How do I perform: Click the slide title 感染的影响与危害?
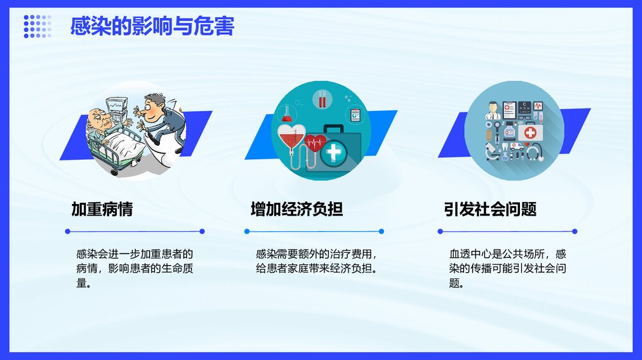pyautogui.click(x=152, y=26)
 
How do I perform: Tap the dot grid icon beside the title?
pyautogui.click(x=37, y=26)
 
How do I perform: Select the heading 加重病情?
pyautogui.click(x=102, y=209)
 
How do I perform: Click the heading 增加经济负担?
pyautogui.click(x=297, y=209)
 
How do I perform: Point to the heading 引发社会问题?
pyautogui.click(x=490, y=209)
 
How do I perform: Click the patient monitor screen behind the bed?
pyautogui.click(x=116, y=104)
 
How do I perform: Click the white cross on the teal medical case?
pyautogui.click(x=334, y=154)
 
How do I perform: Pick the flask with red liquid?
pyautogui.click(x=287, y=114)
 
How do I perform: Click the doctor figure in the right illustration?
pyautogui.click(x=493, y=110)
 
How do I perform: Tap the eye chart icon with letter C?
pyautogui.click(x=525, y=108)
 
